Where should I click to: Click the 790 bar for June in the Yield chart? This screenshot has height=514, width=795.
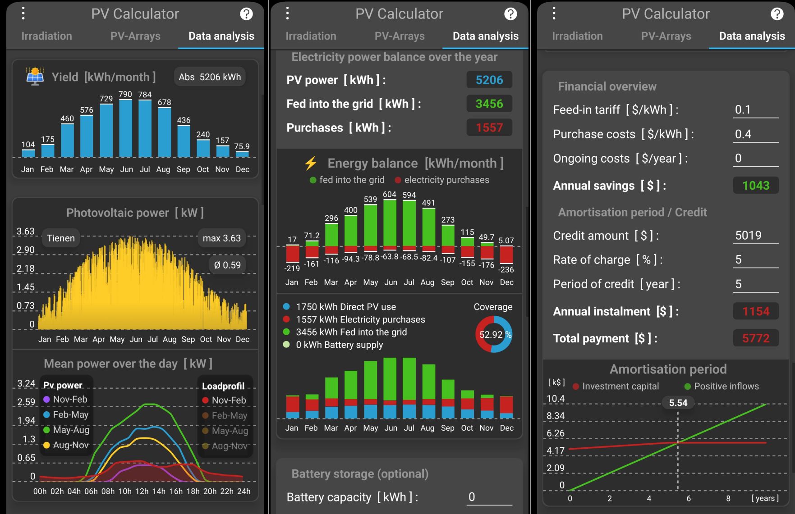click(x=125, y=128)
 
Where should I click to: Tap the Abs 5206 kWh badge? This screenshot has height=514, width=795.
click(x=210, y=77)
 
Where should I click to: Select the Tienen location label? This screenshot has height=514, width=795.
click(x=61, y=238)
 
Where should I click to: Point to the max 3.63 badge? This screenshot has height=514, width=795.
click(x=222, y=238)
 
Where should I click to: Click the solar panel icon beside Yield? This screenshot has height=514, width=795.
click(x=35, y=77)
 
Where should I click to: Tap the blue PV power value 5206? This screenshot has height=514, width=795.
click(x=489, y=80)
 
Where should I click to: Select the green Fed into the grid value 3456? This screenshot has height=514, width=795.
click(x=489, y=104)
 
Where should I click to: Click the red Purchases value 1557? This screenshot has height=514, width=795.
click(x=489, y=128)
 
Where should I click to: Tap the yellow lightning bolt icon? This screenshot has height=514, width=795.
click(x=311, y=163)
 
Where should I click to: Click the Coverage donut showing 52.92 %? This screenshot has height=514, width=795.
click(x=494, y=334)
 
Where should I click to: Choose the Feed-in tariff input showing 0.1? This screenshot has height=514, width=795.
click(x=756, y=110)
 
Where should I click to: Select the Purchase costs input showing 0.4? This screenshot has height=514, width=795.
click(x=756, y=134)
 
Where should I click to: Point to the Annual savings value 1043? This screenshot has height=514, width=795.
click(x=756, y=186)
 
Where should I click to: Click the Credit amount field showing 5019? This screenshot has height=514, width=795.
click(x=756, y=236)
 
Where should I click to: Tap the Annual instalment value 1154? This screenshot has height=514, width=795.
click(x=756, y=311)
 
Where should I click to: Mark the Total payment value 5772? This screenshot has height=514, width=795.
click(x=756, y=338)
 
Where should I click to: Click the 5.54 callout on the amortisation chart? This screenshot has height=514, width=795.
click(x=678, y=403)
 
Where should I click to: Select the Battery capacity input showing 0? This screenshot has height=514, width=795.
click(x=489, y=497)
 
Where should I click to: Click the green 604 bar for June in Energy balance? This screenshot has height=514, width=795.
click(x=390, y=223)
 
